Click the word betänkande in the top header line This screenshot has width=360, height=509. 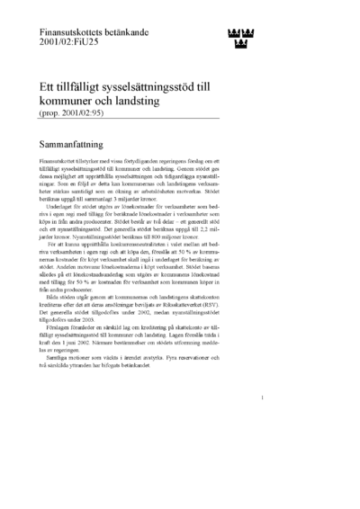(x=135, y=31)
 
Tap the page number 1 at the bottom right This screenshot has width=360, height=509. (x=260, y=422)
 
